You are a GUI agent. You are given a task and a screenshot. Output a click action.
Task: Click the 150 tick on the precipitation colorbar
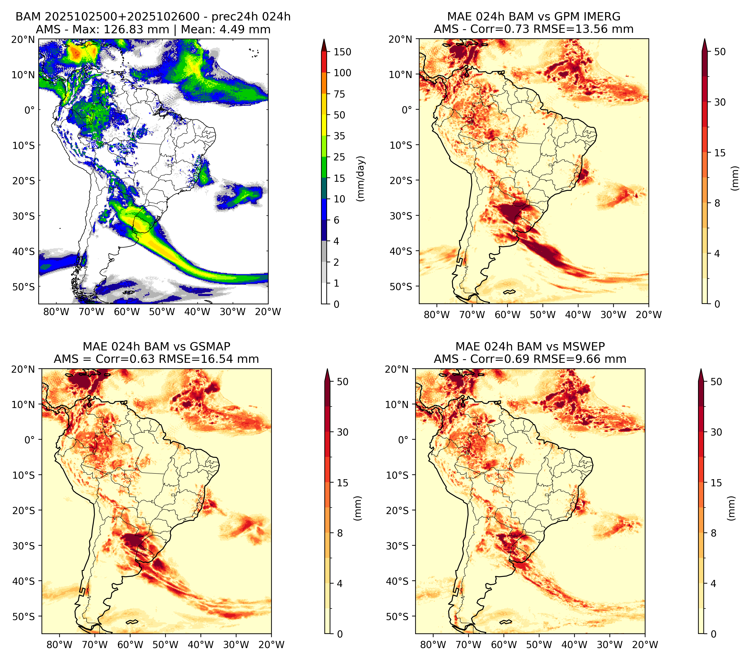(342, 52)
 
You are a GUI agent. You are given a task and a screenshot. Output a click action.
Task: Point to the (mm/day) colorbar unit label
(361, 179)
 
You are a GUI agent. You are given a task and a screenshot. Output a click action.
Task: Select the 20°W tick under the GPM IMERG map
(648, 315)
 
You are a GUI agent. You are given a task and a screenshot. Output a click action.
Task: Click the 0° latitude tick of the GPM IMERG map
(407, 109)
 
